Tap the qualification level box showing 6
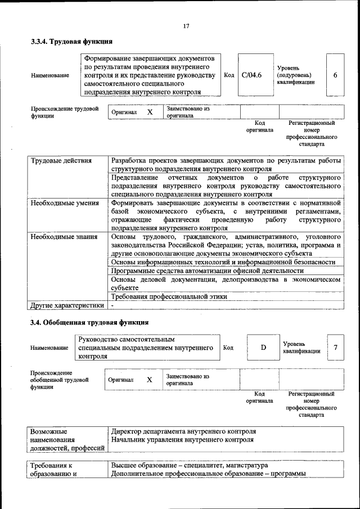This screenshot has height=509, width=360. (335, 75)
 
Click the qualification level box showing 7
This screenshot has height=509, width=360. (335, 348)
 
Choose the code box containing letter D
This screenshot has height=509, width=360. (263, 348)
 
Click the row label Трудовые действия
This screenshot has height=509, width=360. (61, 161)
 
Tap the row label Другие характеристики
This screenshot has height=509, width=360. (67, 305)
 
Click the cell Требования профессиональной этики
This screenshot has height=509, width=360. (169, 296)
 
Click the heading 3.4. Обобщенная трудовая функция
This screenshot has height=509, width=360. (89, 323)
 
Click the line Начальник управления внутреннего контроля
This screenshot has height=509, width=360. (182, 440)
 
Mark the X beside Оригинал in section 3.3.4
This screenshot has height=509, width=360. (150, 112)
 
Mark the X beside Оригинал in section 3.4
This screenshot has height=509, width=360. (150, 380)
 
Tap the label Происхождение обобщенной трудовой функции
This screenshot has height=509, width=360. (59, 380)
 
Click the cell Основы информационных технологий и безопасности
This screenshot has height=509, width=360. (223, 262)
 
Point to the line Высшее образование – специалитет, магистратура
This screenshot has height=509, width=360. (189, 466)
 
